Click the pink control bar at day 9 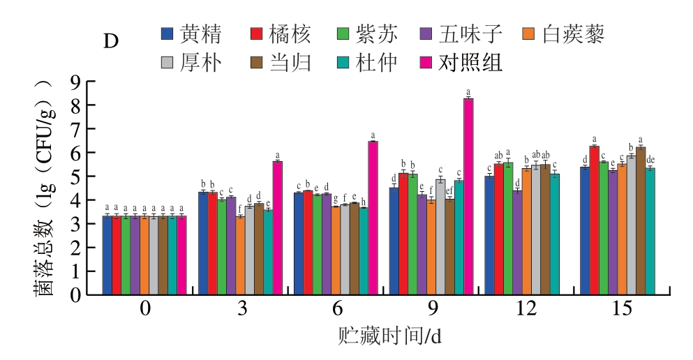[468, 196]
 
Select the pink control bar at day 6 [373, 218]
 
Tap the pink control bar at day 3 [277, 227]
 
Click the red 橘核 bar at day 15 [594, 220]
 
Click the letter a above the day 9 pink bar [468, 91]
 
